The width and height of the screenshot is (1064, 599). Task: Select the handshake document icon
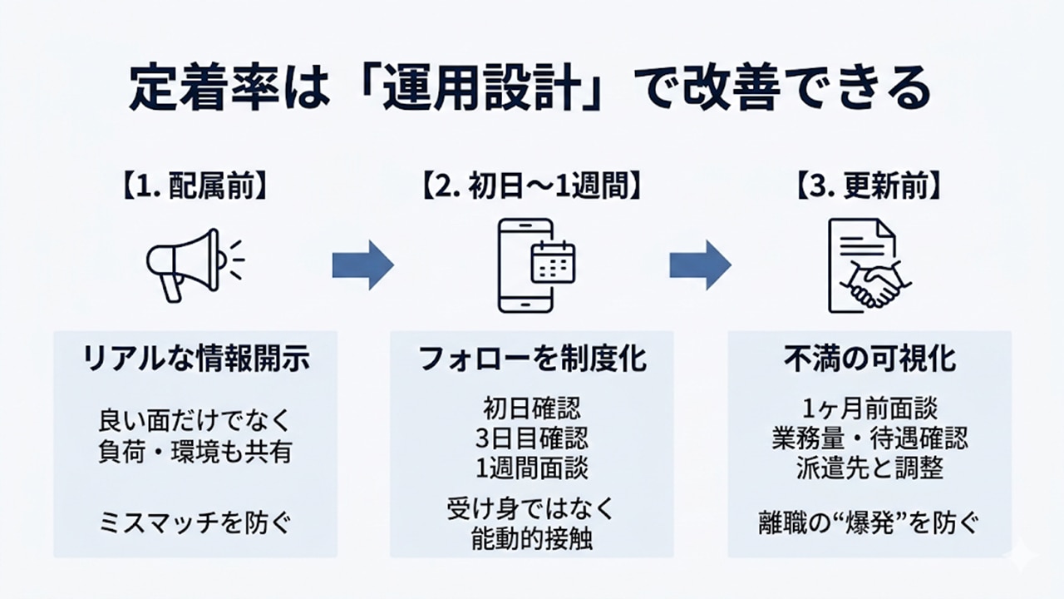(868, 265)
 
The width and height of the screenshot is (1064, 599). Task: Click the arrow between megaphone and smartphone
(362, 265)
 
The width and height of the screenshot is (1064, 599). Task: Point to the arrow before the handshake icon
(700, 265)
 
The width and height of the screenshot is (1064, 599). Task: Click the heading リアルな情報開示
(196, 359)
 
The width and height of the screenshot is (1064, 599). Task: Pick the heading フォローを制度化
(532, 359)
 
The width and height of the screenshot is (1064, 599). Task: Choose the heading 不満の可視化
(869, 359)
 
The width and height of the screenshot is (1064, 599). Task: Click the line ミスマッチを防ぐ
(196, 523)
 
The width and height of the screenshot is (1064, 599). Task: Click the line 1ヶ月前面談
(869, 408)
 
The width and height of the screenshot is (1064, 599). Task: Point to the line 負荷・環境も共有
(196, 453)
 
